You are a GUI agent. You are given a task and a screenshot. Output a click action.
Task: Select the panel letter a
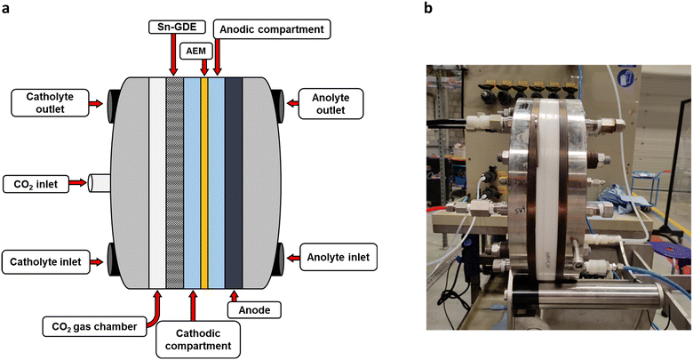tap(5, 10)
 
